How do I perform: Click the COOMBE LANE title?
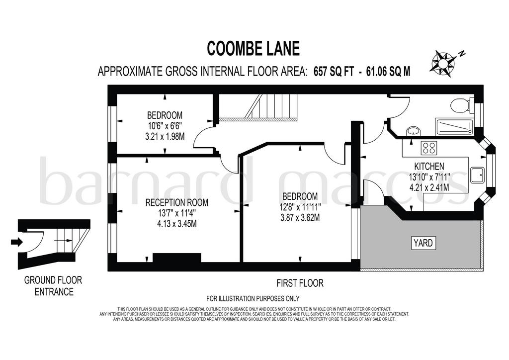coord(253,48)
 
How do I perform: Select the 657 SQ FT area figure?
coord(334,71)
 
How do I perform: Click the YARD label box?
coord(424,243)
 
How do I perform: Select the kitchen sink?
coord(477,176)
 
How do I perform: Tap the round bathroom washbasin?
coord(414,131)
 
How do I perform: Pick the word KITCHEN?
coord(429,167)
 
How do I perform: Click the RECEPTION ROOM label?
coord(176,202)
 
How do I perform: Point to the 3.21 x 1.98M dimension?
coord(165,136)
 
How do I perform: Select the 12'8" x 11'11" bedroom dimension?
coord(300,207)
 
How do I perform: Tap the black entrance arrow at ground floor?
coord(17,242)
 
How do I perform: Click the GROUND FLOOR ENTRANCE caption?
coord(54,285)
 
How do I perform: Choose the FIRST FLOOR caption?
coord(300,283)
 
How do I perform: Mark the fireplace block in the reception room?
coord(177,258)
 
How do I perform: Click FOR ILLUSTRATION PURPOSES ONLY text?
coord(253,298)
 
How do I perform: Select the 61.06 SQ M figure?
coord(388,71)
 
